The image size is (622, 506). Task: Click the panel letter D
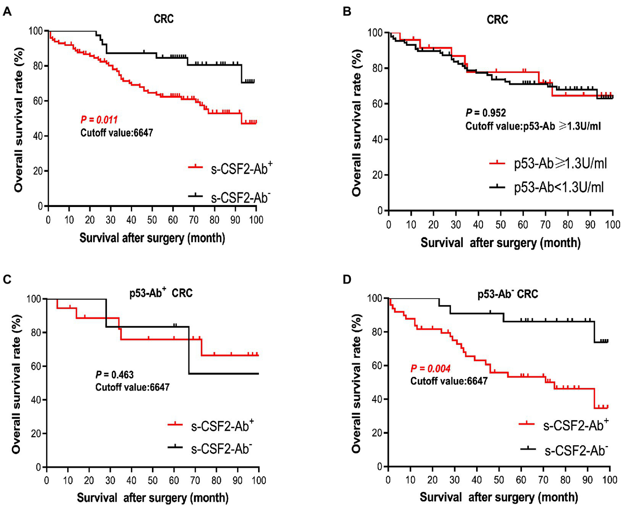tap(347, 280)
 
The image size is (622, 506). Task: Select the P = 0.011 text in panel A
tap(99, 120)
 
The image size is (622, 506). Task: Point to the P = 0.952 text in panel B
tap(485, 113)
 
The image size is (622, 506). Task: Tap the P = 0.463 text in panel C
tap(115, 375)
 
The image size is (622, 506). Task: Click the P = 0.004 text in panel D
tap(430, 368)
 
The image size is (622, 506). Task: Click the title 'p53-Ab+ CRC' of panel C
tap(161, 292)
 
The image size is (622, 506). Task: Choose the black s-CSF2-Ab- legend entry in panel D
tap(575, 450)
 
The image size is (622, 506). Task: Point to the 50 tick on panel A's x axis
tap(152, 220)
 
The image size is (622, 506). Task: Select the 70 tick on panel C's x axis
tap(195, 480)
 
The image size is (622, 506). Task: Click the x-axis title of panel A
tap(152, 238)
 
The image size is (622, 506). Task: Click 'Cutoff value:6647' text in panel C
tap(133, 387)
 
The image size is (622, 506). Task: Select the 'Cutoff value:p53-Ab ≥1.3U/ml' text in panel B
tap(533, 126)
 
